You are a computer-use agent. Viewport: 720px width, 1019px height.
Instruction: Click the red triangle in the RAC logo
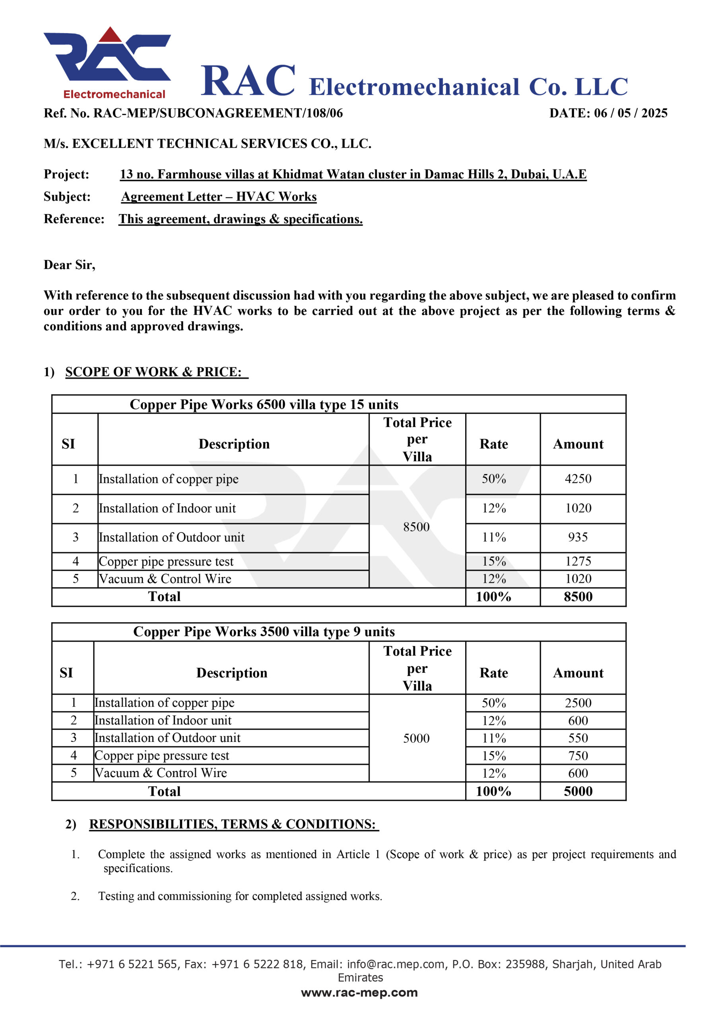pyautogui.click(x=111, y=35)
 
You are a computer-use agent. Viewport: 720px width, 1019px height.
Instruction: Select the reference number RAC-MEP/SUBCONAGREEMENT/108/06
pyautogui.click(x=218, y=113)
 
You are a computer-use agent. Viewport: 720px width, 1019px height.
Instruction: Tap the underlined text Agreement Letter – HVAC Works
pyautogui.click(x=219, y=197)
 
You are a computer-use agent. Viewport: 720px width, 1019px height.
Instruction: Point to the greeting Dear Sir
pyautogui.click(x=69, y=265)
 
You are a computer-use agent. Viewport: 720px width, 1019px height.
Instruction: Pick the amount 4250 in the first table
pyautogui.click(x=578, y=479)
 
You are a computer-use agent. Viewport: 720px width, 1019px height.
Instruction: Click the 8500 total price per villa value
pyautogui.click(x=416, y=527)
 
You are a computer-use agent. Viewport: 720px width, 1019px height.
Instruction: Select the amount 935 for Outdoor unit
pyautogui.click(x=578, y=537)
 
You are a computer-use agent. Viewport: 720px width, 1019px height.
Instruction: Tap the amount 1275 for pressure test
pyautogui.click(x=578, y=561)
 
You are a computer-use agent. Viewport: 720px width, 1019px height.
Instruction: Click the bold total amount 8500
pyautogui.click(x=578, y=597)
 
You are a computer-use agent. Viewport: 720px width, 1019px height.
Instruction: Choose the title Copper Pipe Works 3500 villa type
pyautogui.click(x=264, y=632)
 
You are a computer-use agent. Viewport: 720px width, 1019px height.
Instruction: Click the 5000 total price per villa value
pyautogui.click(x=416, y=738)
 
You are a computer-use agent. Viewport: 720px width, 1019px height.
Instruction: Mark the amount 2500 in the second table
pyautogui.click(x=578, y=703)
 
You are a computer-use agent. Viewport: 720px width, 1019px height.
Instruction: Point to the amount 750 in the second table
pyautogui.click(x=578, y=755)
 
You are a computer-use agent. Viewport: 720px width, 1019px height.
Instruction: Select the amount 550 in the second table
pyautogui.click(x=578, y=738)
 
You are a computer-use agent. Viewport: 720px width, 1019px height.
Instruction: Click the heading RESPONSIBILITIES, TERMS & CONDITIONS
pyautogui.click(x=232, y=824)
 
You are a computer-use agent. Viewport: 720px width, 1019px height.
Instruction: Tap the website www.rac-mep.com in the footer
pyautogui.click(x=359, y=993)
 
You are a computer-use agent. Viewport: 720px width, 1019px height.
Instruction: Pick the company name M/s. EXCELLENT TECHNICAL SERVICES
pyautogui.click(x=208, y=144)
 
